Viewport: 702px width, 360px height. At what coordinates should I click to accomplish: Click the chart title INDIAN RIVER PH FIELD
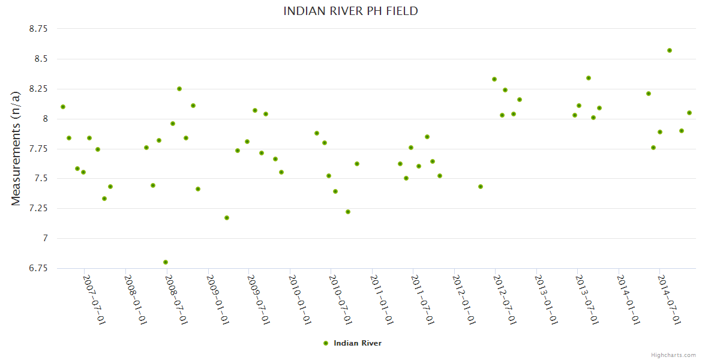coord(350,11)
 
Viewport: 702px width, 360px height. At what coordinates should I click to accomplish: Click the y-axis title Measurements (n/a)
coord(16,148)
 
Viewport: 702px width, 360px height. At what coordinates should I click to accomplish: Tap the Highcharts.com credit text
coord(673,355)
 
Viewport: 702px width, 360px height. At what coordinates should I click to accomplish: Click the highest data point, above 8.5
coord(670,50)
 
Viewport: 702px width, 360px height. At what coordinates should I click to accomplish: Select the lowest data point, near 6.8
coord(166,262)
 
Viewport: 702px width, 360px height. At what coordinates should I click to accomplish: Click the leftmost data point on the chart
coord(63,107)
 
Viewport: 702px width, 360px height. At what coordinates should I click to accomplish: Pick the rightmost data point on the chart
coord(689,113)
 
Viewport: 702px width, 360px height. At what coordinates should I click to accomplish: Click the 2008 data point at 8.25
coord(179,89)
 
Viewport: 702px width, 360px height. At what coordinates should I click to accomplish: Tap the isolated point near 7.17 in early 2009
coord(227,218)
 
